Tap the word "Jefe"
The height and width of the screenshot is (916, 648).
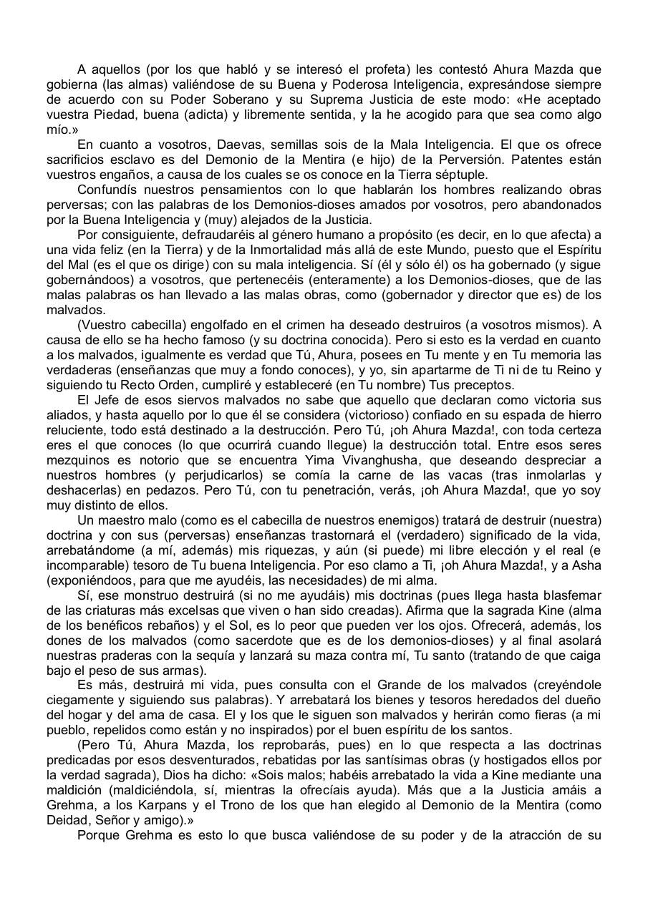(x=112, y=400)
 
